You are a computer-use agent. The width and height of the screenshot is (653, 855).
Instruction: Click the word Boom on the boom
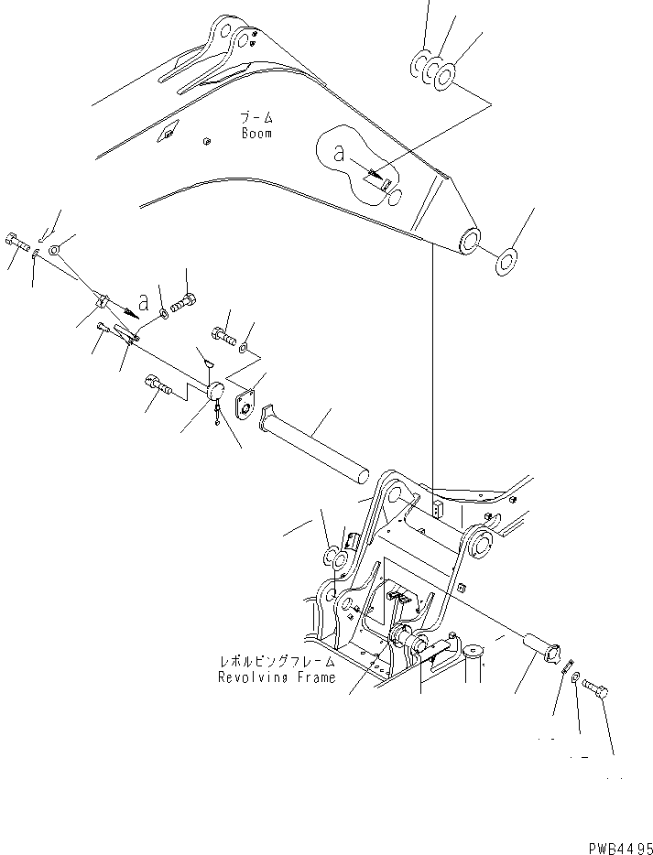[x=256, y=134]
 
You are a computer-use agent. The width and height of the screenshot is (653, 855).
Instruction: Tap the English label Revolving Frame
[x=278, y=677]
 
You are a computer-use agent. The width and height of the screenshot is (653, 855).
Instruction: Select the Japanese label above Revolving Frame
[x=278, y=662]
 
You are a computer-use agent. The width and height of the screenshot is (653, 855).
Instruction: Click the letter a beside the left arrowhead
[x=144, y=301]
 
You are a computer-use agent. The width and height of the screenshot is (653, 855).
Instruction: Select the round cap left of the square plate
[x=215, y=394]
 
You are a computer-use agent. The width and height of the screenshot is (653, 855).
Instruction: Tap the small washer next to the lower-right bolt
[x=574, y=681]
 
